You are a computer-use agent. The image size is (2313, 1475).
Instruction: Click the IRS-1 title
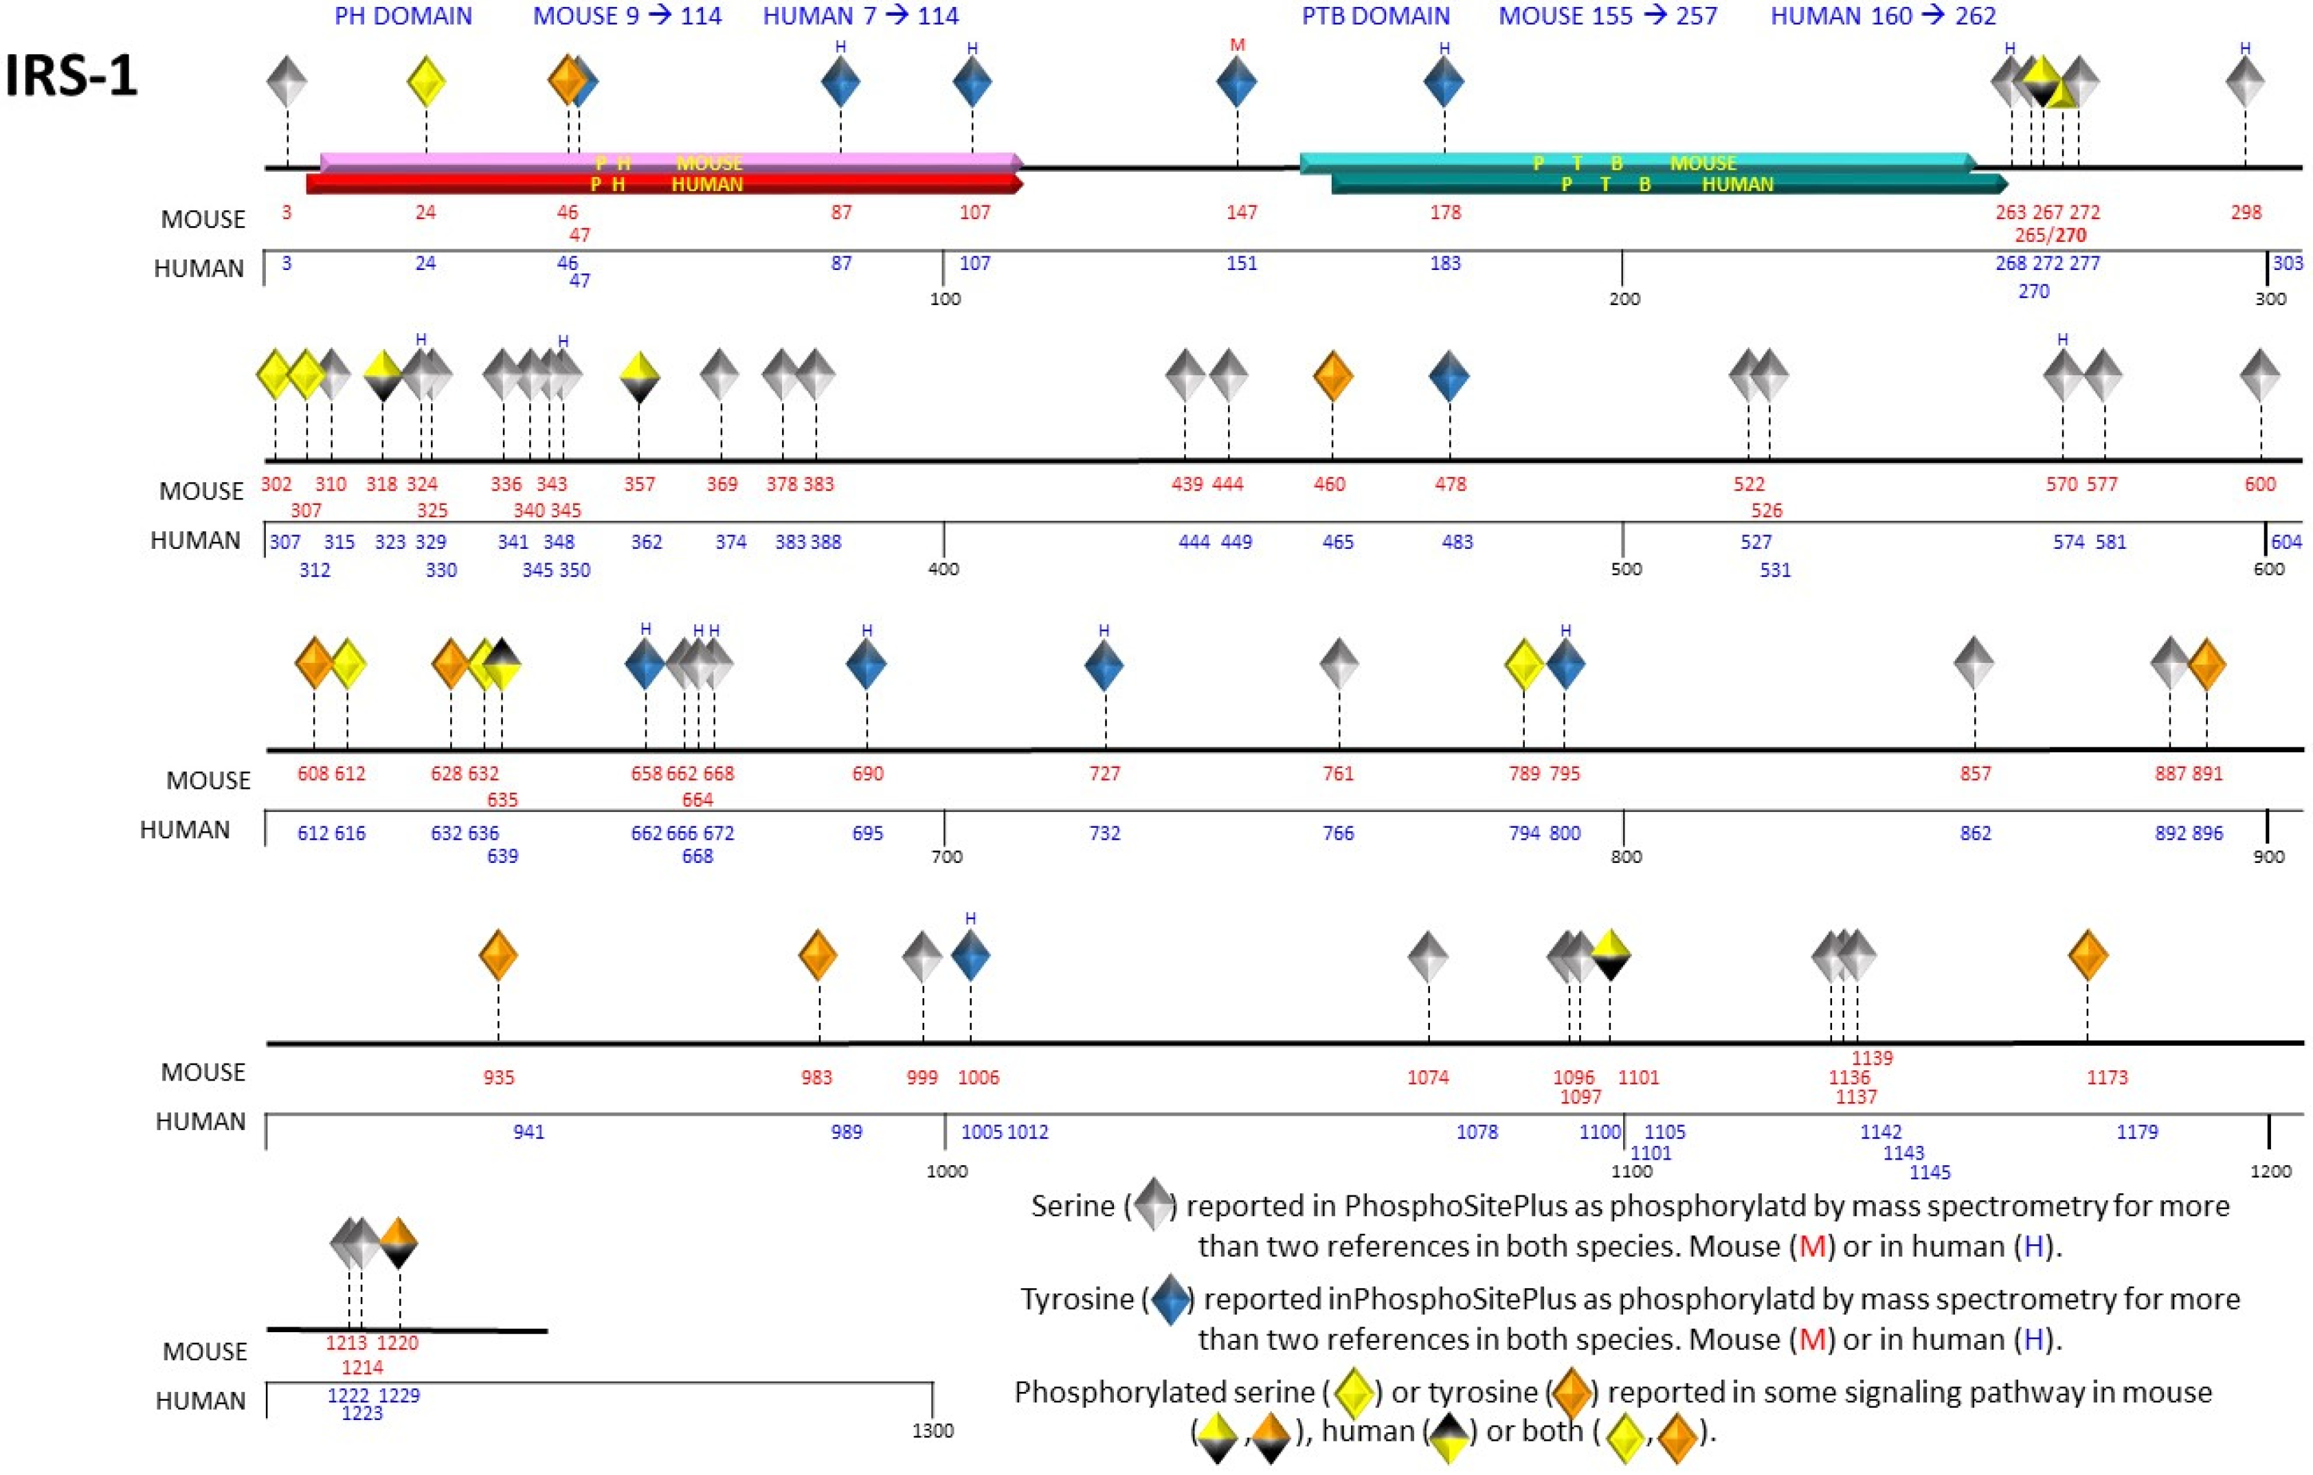pos(72,75)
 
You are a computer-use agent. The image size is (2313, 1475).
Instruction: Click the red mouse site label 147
pos(1241,212)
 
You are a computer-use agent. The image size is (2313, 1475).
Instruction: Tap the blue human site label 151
pos(1241,263)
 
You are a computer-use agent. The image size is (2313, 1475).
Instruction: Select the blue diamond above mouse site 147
pos(1236,82)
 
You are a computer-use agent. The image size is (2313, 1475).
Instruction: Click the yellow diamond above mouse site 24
pos(427,82)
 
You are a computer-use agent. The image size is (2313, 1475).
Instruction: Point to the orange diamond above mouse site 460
pos(1332,376)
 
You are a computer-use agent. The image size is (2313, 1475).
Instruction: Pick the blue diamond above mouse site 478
pos(1449,376)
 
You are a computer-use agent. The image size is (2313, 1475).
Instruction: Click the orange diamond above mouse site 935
pos(498,956)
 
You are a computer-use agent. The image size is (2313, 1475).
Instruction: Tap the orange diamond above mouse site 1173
pos(2088,956)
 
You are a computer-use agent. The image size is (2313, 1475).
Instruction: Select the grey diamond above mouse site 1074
pos(1427,956)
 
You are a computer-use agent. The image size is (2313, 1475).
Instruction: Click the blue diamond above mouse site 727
pos(1104,664)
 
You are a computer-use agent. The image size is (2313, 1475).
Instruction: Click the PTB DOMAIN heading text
pos(1376,16)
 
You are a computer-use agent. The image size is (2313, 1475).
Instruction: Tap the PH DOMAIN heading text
pos(403,16)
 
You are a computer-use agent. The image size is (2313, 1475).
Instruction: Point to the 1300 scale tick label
pos(932,1431)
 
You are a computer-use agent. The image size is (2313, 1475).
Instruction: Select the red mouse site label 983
pos(816,1077)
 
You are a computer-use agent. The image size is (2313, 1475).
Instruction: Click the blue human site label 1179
pos(2137,1132)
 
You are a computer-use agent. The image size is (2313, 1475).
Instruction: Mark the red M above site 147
pos(1237,45)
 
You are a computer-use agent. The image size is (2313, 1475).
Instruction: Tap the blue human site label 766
pos(1338,833)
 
